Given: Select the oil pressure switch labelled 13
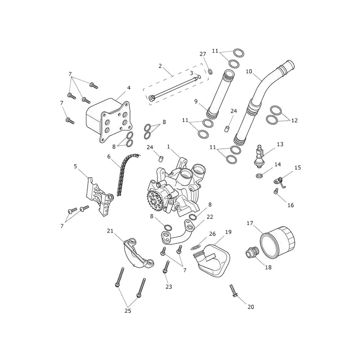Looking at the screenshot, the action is [x=259, y=157].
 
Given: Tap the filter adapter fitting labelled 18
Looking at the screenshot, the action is [x=252, y=252].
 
